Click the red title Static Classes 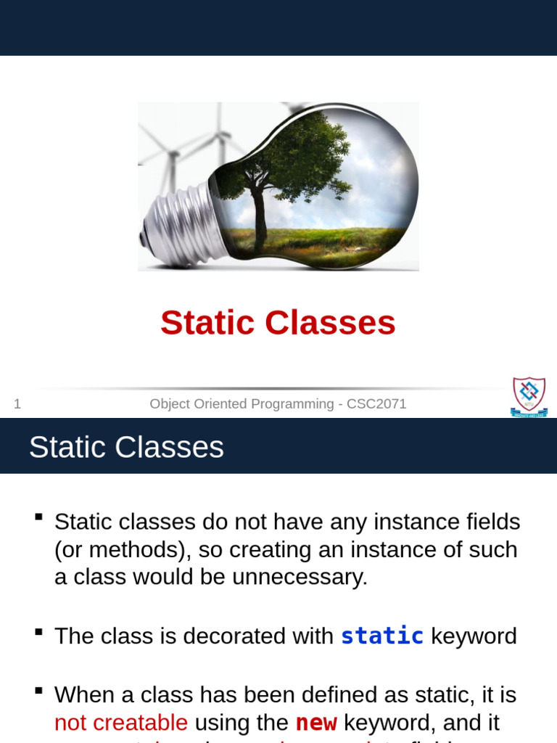click(278, 323)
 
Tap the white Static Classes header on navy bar click(126, 447)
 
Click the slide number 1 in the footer click(17, 404)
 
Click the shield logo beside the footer click(529, 396)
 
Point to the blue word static click(382, 636)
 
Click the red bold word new click(316, 723)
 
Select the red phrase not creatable click(121, 723)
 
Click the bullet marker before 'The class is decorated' click(38, 632)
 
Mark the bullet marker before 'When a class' click(38, 691)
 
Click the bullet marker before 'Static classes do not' click(38, 517)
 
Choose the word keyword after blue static click(474, 636)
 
